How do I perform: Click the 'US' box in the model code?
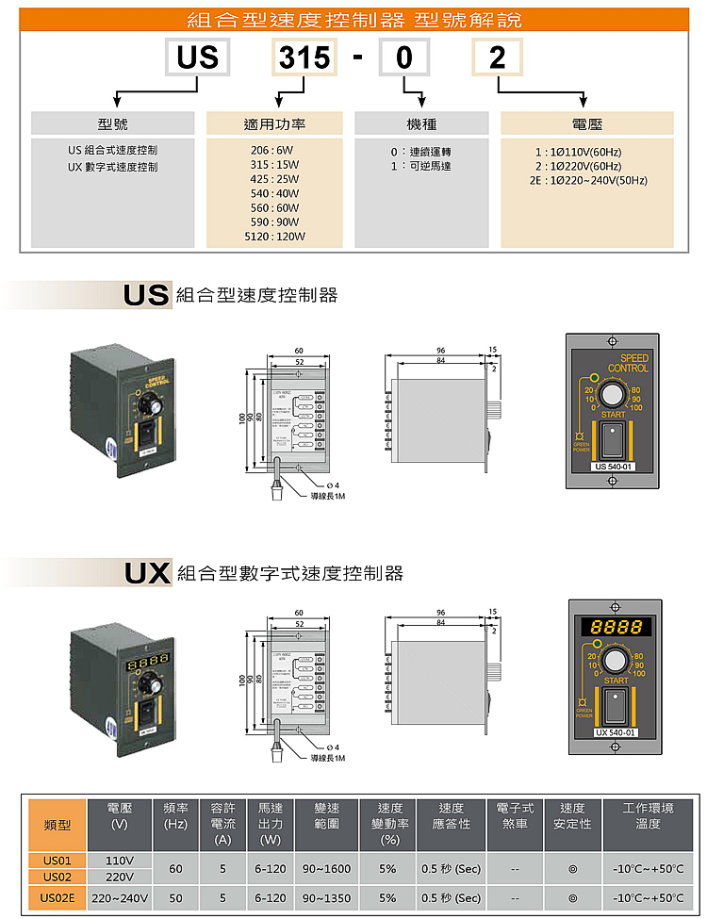[197, 58]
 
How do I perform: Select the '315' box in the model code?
[304, 58]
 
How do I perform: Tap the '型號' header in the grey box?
[112, 123]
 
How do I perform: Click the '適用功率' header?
[274, 123]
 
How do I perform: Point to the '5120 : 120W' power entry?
[274, 237]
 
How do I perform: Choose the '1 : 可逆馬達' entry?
[420, 166]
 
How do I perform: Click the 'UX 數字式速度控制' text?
[113, 167]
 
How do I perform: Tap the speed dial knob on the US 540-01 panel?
[614, 392]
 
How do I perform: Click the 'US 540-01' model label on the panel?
[614, 466]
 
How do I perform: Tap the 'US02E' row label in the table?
[58, 897]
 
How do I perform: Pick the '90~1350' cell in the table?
[328, 897]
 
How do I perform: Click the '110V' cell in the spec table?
[120, 861]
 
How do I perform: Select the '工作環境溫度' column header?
[648, 815]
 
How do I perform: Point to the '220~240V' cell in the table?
[120, 897]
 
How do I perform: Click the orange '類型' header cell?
[58, 825]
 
